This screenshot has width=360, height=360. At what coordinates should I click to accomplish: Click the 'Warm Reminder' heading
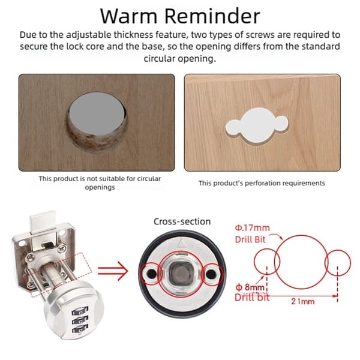tap(180, 16)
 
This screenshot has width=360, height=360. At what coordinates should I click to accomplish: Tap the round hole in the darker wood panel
tap(97, 122)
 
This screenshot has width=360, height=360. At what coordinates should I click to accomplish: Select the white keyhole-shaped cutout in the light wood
tap(257, 125)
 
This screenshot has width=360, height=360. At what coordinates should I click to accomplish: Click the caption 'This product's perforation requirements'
tap(262, 183)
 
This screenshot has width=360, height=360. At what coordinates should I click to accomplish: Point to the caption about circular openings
tap(100, 183)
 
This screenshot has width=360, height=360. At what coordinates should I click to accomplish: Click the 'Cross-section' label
tap(182, 221)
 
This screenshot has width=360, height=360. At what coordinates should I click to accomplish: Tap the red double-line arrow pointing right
tap(113, 271)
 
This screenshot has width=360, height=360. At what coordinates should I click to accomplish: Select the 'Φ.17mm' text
tap(253, 228)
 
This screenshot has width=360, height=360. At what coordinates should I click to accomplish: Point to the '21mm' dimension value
tap(303, 301)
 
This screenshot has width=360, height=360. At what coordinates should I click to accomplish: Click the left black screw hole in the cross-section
tap(151, 273)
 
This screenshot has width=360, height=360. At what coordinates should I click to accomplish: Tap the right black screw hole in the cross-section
tap(211, 274)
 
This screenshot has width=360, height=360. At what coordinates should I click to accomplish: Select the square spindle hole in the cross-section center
tap(181, 273)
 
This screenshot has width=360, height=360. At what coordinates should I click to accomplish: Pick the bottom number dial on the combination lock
tap(80, 329)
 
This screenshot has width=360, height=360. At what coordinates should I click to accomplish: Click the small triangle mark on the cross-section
tap(182, 243)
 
